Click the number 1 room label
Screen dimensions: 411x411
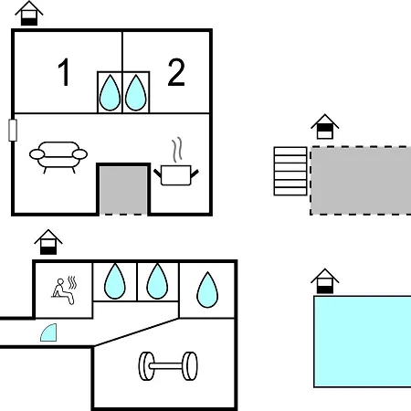64,72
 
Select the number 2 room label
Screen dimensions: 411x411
176,72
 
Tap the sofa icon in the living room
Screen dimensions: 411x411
58,157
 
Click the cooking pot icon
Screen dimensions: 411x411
176,175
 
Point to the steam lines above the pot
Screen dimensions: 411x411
177,150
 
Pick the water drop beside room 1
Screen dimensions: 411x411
110,92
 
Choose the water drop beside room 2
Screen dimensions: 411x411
136,92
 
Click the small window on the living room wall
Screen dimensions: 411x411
13,130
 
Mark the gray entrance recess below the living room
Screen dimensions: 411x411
123,190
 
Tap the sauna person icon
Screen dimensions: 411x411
64,290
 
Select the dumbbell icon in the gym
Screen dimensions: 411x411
168,366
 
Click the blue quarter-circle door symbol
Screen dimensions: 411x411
48,332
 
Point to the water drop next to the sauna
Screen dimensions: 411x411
115,281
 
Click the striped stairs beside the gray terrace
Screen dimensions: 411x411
290,171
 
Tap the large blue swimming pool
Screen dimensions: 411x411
363,342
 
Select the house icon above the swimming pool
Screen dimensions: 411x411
325,280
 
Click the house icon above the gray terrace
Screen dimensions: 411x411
325,126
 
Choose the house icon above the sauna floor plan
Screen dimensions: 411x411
48,242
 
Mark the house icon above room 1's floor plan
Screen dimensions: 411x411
29,13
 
